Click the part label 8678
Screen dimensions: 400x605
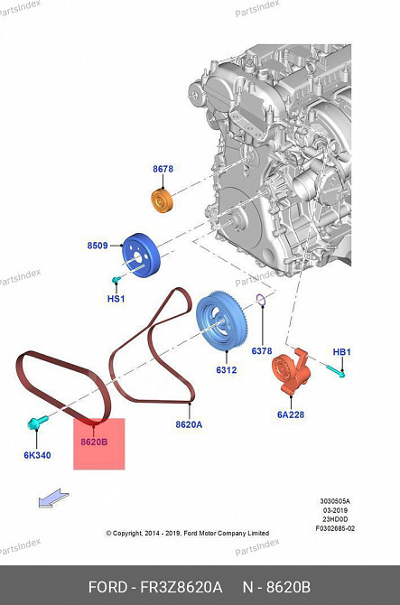click(163, 169)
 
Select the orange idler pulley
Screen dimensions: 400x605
click(162, 200)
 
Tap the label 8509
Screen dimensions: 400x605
click(98, 246)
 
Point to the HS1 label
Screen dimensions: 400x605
click(116, 299)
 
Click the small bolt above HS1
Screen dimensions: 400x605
click(116, 279)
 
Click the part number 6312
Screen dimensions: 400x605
click(226, 369)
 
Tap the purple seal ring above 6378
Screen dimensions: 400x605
click(261, 300)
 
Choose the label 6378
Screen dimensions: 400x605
click(262, 350)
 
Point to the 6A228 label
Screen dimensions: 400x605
click(291, 414)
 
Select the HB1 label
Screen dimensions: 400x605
click(341, 352)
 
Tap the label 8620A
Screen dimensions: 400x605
click(189, 424)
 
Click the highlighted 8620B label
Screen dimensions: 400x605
click(94, 442)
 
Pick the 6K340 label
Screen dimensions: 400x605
click(37, 455)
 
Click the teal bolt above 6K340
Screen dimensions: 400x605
click(37, 422)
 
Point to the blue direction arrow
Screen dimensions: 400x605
click(53, 498)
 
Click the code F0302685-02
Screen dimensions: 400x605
click(335, 528)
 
